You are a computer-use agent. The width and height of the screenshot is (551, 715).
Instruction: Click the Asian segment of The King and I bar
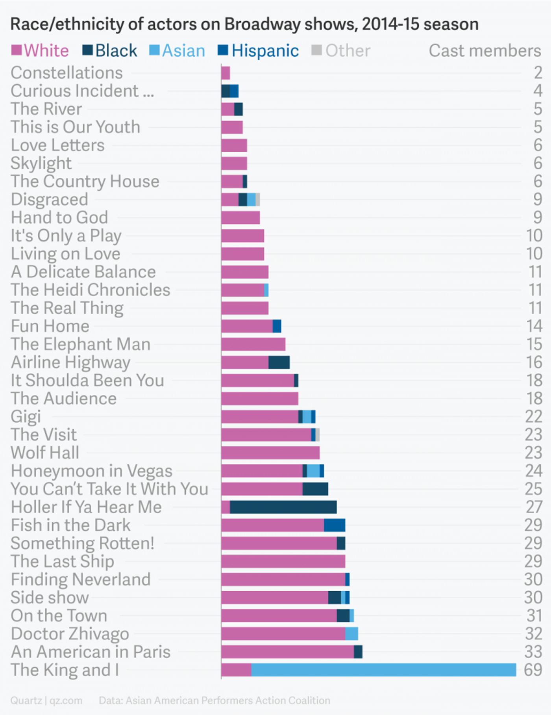click(x=384, y=670)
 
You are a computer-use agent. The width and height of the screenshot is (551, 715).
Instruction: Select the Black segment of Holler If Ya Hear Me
click(x=283, y=507)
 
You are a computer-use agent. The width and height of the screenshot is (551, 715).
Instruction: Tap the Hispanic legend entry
click(x=259, y=50)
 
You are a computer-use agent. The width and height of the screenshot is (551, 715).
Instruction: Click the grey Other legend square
click(x=316, y=50)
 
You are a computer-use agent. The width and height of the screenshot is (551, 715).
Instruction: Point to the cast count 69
click(x=533, y=670)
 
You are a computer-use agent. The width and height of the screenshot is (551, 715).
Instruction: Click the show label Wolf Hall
click(x=45, y=453)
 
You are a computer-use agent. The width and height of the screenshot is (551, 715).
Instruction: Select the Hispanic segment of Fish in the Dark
click(x=335, y=525)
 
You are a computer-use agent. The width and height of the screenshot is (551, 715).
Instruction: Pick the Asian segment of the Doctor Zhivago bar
click(x=351, y=633)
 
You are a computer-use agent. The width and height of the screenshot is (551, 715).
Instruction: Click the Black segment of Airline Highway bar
click(x=279, y=362)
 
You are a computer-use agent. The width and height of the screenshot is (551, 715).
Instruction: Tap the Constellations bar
click(x=226, y=73)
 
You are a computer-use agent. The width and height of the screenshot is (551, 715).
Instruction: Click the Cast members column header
click(x=485, y=50)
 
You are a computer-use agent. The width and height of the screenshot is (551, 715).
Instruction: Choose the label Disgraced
click(x=49, y=199)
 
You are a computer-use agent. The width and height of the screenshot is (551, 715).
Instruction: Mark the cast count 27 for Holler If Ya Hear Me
click(x=534, y=507)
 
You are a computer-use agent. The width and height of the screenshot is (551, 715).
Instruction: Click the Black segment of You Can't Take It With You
click(x=315, y=489)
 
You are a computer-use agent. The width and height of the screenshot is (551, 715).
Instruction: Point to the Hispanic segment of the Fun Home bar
click(x=277, y=326)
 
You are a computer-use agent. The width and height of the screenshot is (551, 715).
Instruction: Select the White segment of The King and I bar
click(x=236, y=670)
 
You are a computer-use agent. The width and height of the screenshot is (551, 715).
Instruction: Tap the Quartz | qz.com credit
click(x=46, y=700)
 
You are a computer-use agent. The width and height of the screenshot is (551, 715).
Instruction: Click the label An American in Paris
click(x=91, y=652)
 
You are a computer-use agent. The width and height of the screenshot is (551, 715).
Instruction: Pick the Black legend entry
click(x=110, y=50)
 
